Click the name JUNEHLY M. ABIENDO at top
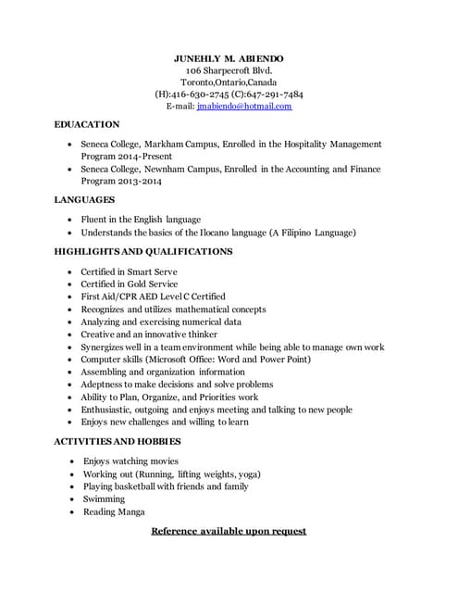229,58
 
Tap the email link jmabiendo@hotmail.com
244,107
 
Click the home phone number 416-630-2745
198,95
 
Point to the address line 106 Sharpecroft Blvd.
229,70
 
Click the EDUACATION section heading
87,124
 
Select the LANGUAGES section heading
85,200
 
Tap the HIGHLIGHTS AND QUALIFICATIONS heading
143,252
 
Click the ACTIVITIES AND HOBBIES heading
118,442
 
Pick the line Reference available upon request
229,532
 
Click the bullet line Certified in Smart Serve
129,272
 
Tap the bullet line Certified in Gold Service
130,284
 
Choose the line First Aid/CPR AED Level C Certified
153,296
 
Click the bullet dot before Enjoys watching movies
72,461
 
